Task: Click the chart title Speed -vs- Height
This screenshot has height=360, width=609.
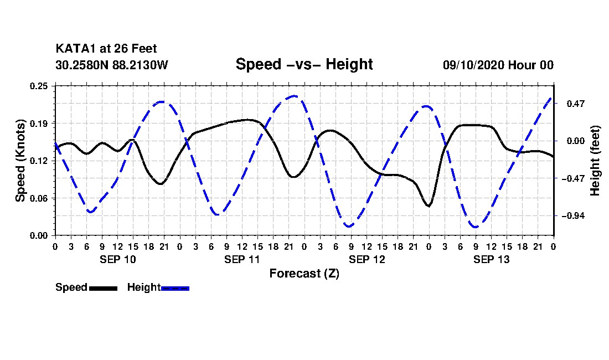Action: (x=304, y=64)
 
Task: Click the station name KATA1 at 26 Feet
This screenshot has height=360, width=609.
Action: (x=106, y=49)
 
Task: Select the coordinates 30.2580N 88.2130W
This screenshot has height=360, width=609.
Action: (x=111, y=65)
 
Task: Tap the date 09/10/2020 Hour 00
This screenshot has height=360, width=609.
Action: (x=498, y=65)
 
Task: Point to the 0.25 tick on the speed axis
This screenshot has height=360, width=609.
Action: (x=39, y=86)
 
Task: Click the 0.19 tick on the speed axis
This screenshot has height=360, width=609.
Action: (x=39, y=124)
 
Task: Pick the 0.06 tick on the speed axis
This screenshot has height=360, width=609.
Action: (x=39, y=198)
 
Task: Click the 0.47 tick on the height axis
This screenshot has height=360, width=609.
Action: (x=576, y=104)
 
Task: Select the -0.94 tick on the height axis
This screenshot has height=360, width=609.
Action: (x=573, y=216)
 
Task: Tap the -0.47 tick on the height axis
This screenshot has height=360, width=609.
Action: (x=573, y=179)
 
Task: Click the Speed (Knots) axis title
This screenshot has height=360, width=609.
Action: (x=20, y=161)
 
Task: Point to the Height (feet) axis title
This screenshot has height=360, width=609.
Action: (x=595, y=161)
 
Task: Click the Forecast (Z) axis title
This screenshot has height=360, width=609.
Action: (x=304, y=274)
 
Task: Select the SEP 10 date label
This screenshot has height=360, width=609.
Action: (x=118, y=260)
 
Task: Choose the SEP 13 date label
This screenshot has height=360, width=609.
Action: (x=491, y=260)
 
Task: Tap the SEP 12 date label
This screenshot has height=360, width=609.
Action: (x=367, y=260)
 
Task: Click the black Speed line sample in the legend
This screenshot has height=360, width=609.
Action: (x=103, y=289)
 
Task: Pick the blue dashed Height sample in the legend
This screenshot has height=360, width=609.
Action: (x=175, y=289)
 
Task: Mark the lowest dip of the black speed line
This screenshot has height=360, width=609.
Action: (x=429, y=206)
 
